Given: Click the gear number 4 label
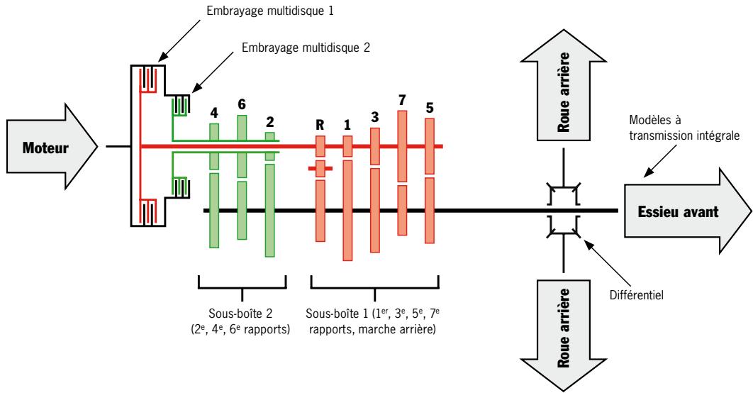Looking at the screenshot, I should point(213,112).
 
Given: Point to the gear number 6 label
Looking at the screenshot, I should point(241,104).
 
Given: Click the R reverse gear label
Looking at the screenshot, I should point(320,125).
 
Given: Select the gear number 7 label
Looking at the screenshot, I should point(402,99).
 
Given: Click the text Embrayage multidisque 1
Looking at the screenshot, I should point(280,12).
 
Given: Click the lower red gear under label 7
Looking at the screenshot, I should point(402,210).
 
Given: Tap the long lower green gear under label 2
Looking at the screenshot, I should point(269,210).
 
